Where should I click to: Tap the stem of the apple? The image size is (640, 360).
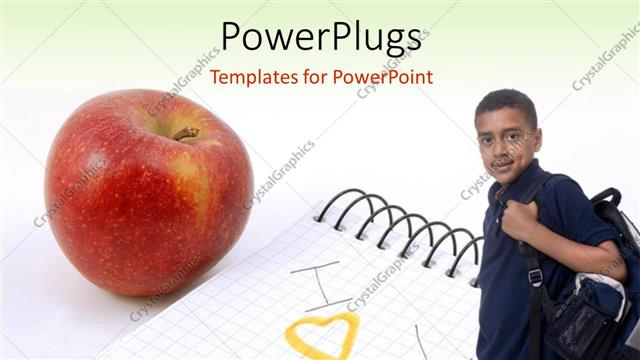pyautogui.click(x=186, y=133)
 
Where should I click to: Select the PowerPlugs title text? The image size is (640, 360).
pyautogui.click(x=320, y=37)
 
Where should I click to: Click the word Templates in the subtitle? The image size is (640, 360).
pyautogui.click(x=255, y=76)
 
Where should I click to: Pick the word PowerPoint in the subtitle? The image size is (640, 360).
pyautogui.click(x=386, y=76)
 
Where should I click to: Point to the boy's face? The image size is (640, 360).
pyautogui.click(x=509, y=140)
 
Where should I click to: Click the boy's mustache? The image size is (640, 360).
pyautogui.click(x=502, y=158)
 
